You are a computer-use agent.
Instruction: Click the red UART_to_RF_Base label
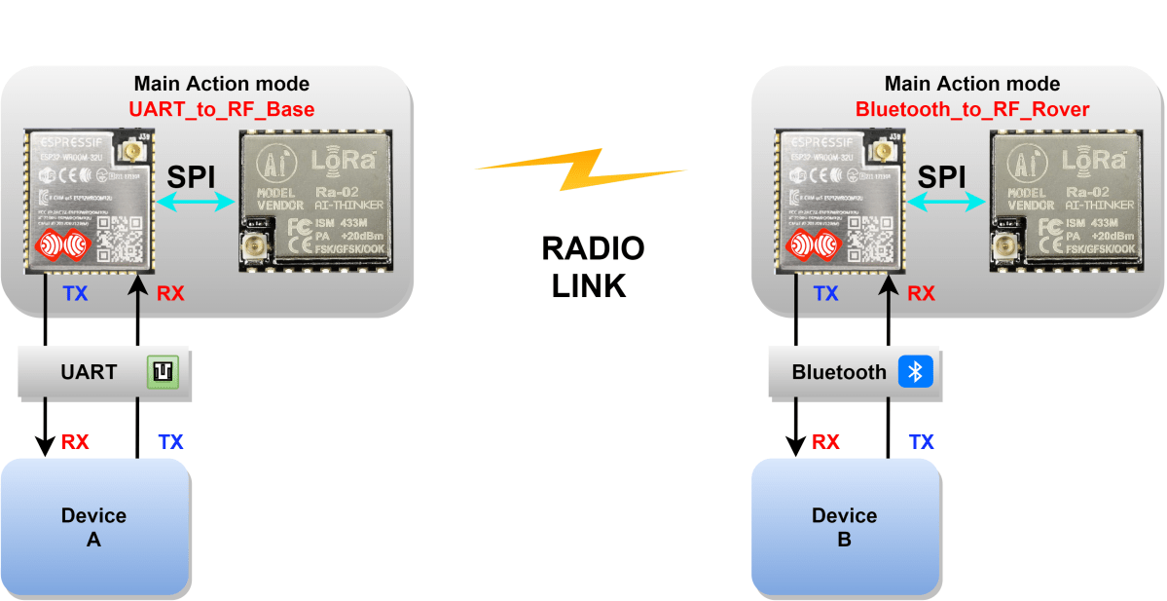(x=222, y=108)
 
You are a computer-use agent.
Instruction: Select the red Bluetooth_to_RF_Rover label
(x=972, y=108)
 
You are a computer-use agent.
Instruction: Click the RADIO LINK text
(x=593, y=267)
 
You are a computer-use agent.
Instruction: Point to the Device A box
(x=94, y=527)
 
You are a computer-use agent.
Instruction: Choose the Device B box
(x=845, y=527)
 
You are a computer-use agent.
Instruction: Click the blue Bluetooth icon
(x=915, y=371)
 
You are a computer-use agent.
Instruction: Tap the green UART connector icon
(x=164, y=371)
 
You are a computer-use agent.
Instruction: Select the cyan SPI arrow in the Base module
(x=199, y=202)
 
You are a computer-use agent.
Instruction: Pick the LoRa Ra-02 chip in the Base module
(x=313, y=200)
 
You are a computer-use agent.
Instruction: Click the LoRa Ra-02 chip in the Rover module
(x=1064, y=200)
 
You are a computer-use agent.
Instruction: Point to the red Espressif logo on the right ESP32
(x=813, y=244)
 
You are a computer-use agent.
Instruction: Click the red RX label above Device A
(x=75, y=442)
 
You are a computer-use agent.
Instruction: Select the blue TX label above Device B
(x=921, y=442)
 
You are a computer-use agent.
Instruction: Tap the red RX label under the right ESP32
(x=921, y=293)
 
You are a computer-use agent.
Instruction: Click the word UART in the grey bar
(x=89, y=372)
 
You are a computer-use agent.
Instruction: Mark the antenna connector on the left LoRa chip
(x=257, y=250)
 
